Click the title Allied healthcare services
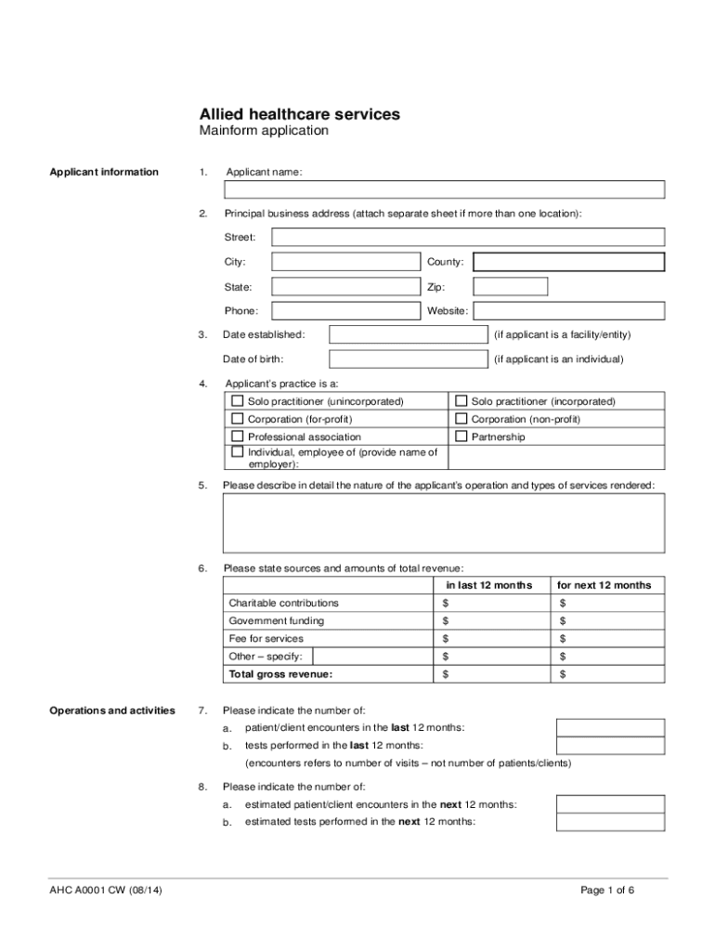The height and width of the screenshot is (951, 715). [x=300, y=113]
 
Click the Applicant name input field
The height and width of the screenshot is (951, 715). [x=444, y=190]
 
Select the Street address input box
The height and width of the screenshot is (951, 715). [x=467, y=238]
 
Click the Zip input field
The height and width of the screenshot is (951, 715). [x=510, y=286]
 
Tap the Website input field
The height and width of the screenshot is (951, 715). [x=568, y=310]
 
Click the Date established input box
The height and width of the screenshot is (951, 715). [x=409, y=334]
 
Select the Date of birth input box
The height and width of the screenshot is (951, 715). [x=409, y=358]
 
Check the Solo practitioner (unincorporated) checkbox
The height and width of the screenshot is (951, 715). [x=238, y=401]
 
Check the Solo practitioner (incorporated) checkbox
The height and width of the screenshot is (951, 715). [x=461, y=401]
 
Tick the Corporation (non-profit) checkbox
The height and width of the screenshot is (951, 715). [x=461, y=419]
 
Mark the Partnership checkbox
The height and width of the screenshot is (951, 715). [x=461, y=436]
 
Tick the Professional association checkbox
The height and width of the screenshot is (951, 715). [x=238, y=436]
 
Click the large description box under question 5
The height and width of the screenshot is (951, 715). [x=444, y=523]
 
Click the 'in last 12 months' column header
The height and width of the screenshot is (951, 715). [x=488, y=585]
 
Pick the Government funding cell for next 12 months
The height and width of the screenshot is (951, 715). [x=608, y=621]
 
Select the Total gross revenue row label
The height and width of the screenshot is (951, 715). [x=280, y=674]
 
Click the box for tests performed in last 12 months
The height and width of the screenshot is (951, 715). [x=610, y=746]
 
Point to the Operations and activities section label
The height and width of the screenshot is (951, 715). [x=111, y=710]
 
